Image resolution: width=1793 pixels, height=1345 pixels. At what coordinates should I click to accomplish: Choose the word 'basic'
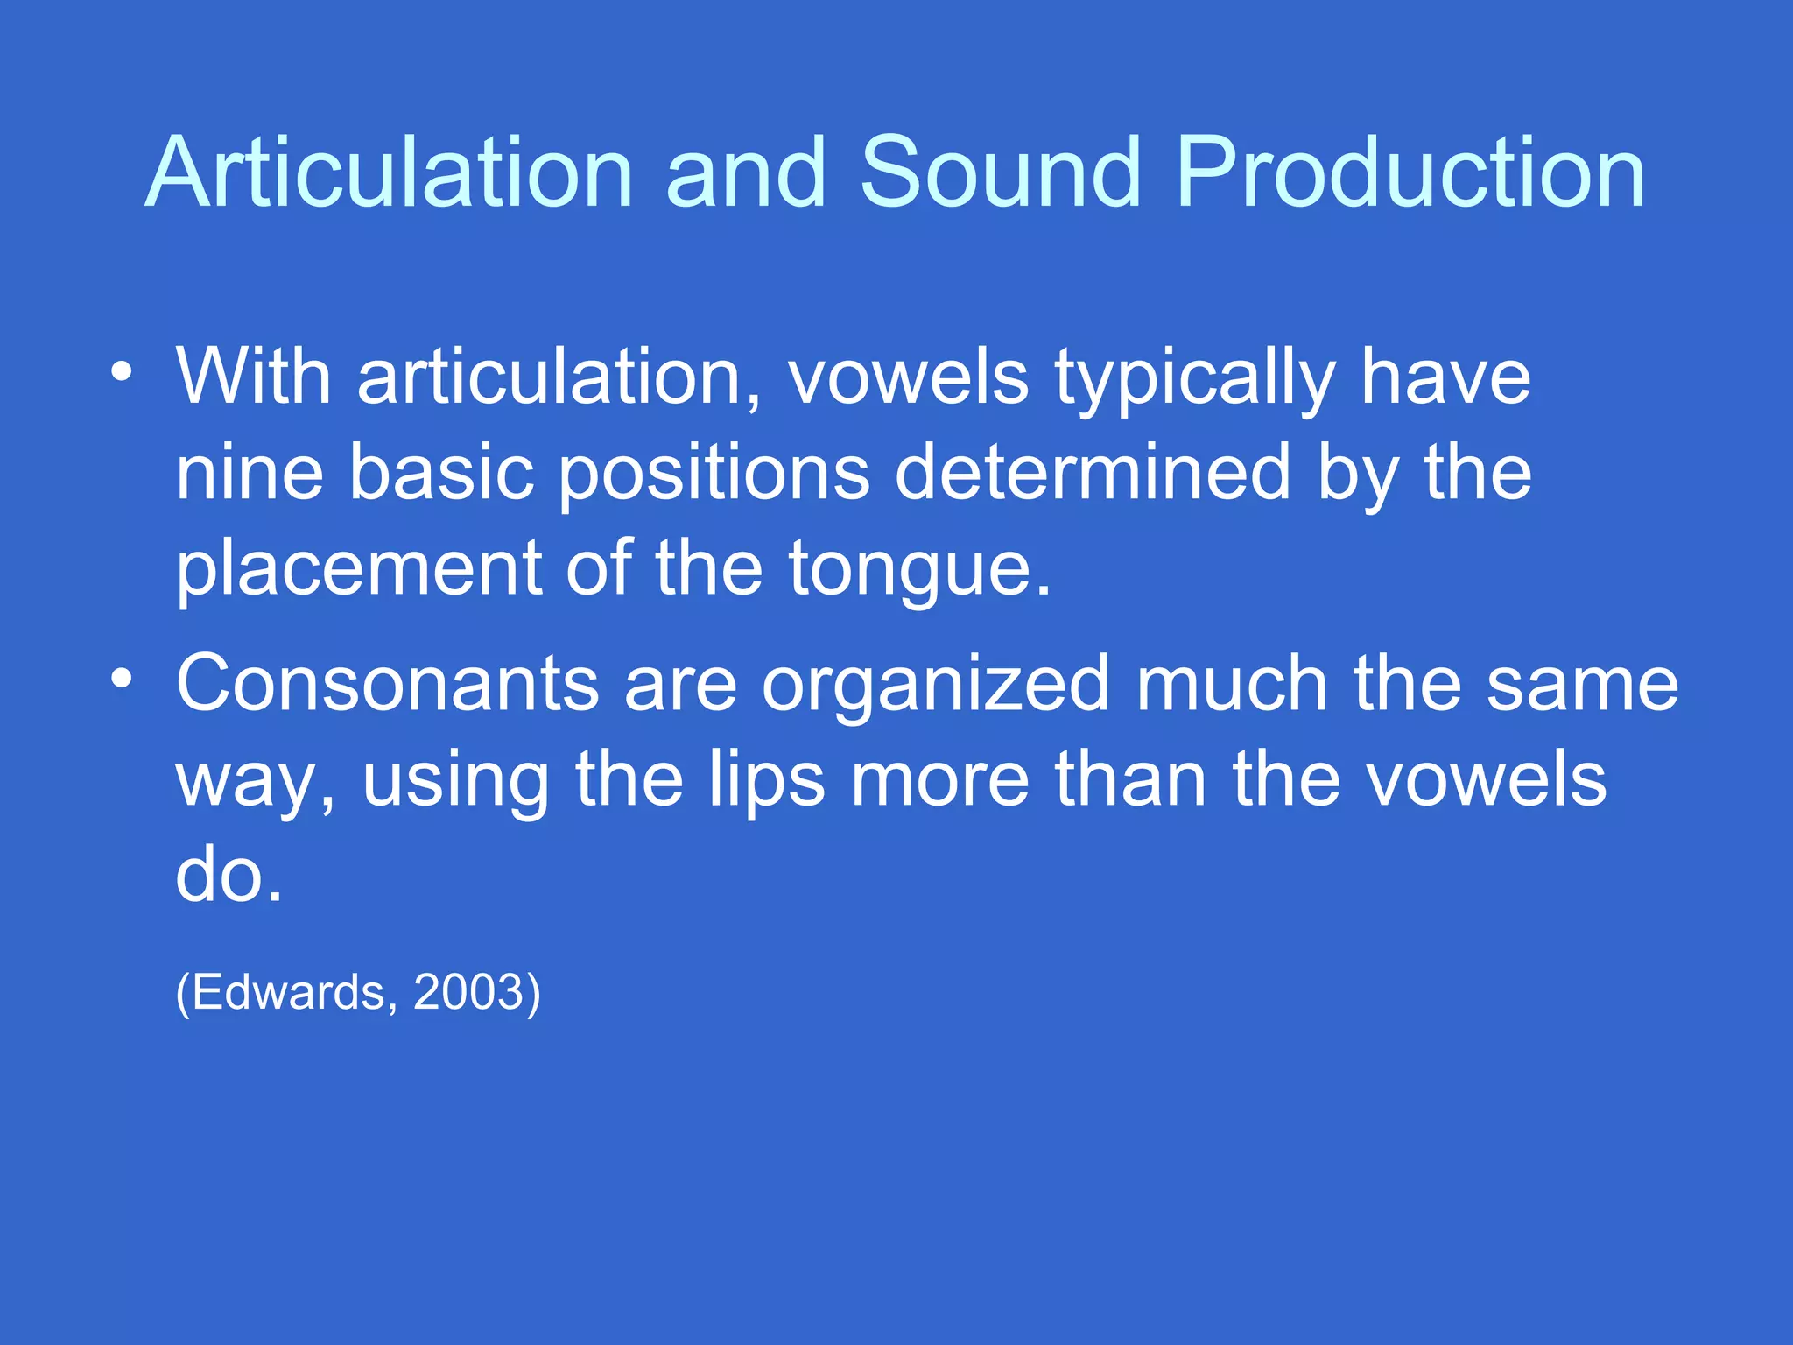[x=441, y=473]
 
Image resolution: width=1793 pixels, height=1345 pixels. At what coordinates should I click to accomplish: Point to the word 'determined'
[x=1093, y=473]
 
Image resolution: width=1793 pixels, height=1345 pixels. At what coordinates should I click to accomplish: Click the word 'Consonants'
[x=388, y=684]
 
